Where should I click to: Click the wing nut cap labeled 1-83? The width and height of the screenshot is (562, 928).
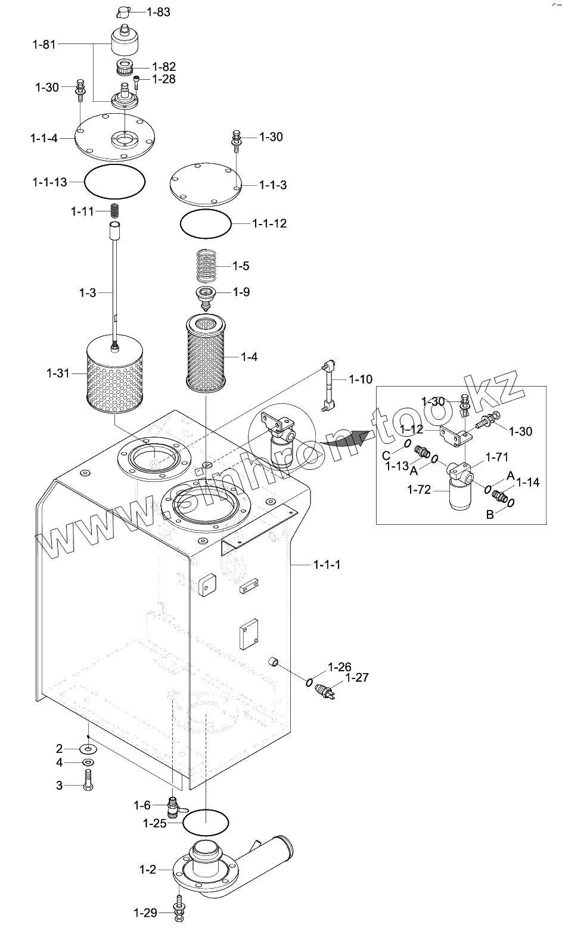124,13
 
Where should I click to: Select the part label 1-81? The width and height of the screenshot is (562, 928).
44,44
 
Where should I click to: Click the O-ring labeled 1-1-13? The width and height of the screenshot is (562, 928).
115,182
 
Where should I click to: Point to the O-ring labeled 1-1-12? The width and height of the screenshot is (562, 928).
206,224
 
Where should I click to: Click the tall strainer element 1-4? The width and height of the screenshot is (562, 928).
206,353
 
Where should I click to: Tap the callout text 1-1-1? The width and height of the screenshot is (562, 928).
327,565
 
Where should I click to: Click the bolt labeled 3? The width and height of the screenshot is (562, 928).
88,779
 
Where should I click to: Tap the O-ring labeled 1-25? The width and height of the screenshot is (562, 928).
206,823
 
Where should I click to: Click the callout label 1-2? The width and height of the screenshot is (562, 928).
148,870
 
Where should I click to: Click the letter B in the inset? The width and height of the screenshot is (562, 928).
490,515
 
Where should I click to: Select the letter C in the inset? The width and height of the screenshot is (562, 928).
386,456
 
